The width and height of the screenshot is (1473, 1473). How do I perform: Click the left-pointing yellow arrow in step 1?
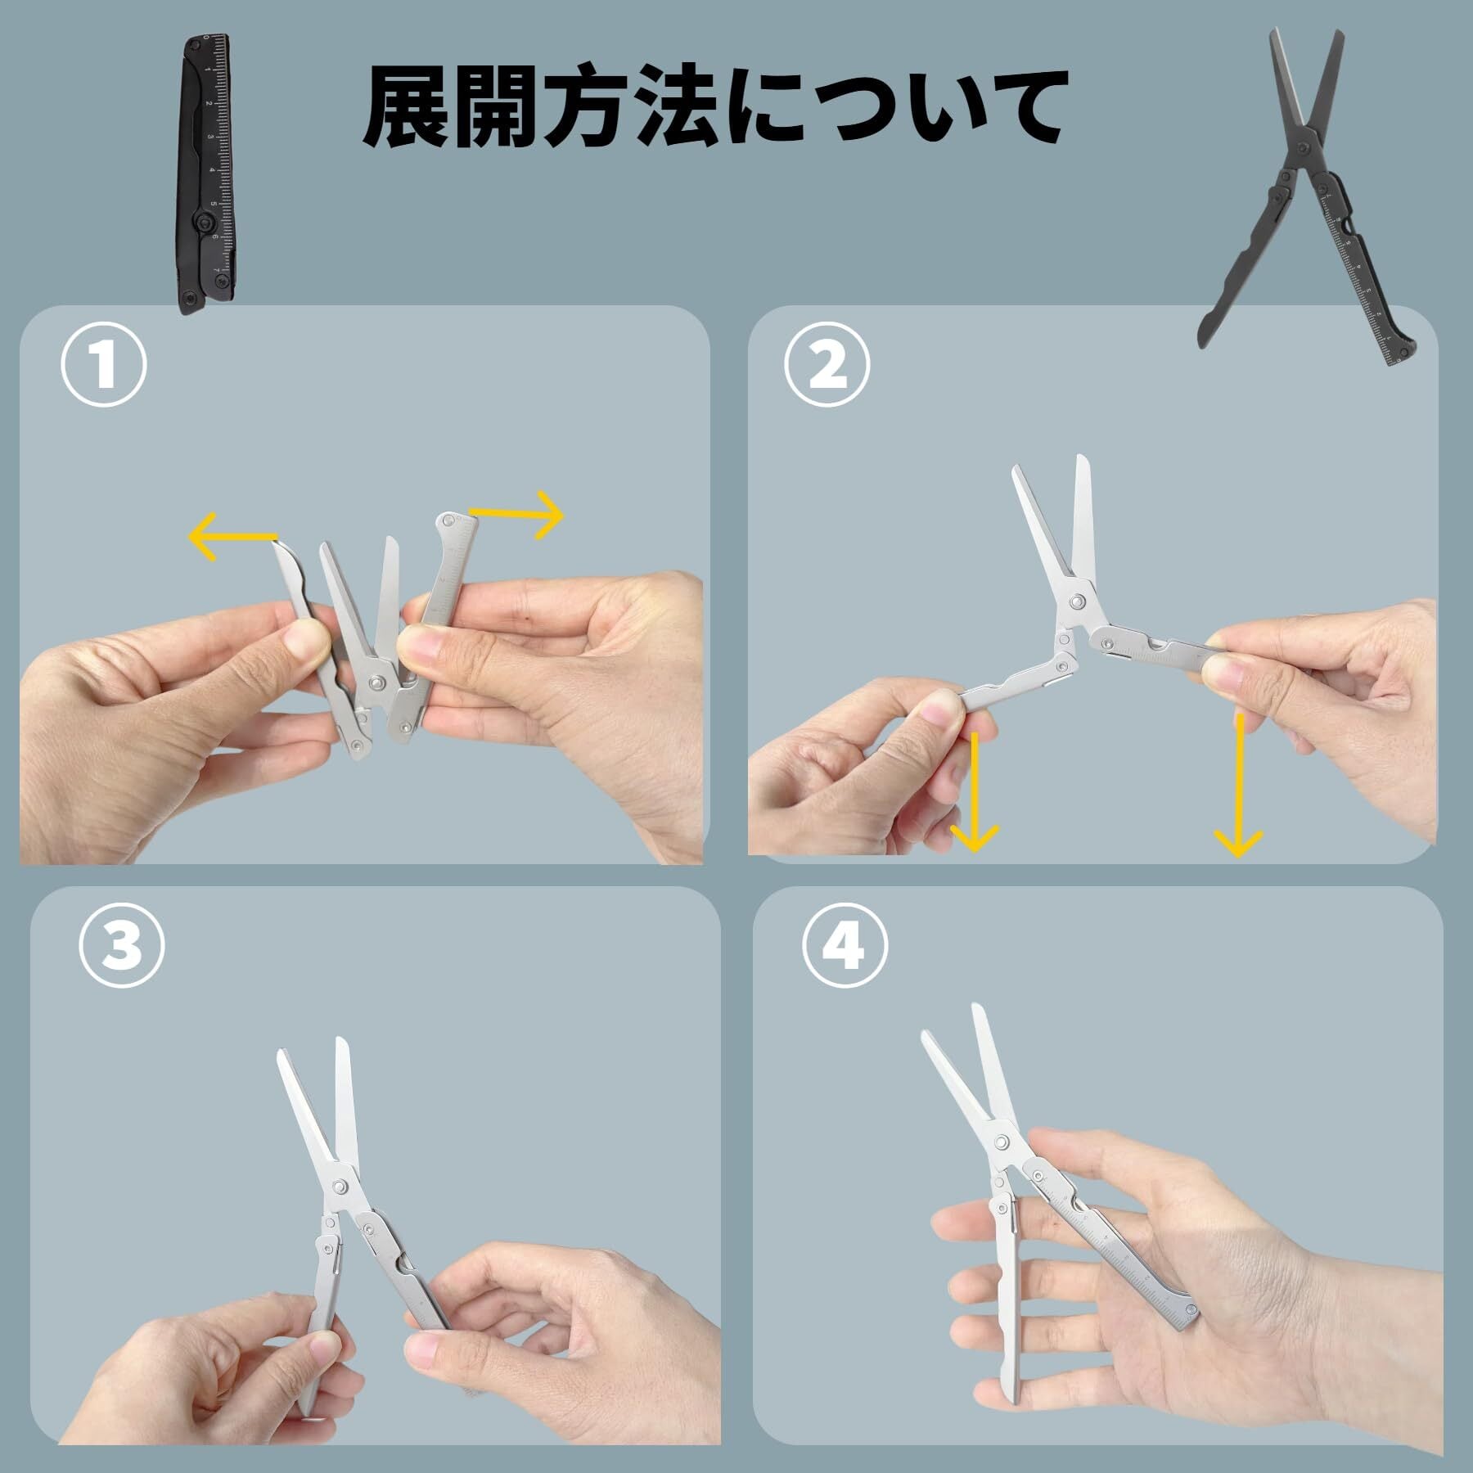(x=234, y=536)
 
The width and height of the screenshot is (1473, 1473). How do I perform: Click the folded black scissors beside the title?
(x=205, y=174)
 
